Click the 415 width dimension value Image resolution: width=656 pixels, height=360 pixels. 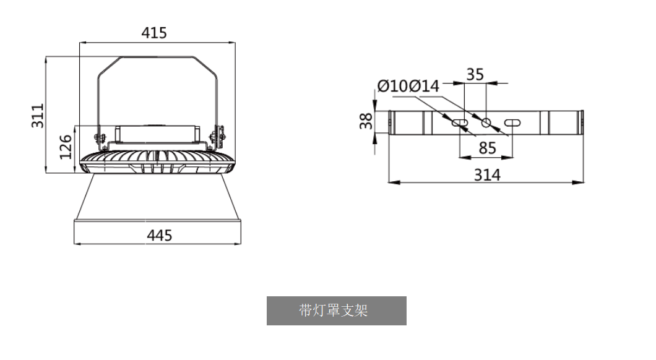(154, 33)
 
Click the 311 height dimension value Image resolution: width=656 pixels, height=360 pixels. (38, 116)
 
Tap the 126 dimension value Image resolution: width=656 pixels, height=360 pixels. (66, 148)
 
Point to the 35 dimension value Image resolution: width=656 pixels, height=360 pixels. (475, 75)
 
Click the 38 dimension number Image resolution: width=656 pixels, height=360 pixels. (366, 121)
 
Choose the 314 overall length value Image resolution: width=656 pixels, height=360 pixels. (487, 175)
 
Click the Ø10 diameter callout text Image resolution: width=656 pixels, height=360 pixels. (392, 87)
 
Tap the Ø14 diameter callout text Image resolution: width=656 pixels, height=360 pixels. (424, 87)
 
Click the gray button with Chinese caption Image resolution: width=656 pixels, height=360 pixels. (336, 311)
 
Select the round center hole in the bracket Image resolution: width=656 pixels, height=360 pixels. (486, 122)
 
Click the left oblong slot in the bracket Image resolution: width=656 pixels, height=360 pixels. (460, 122)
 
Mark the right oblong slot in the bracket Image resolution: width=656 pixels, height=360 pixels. (513, 122)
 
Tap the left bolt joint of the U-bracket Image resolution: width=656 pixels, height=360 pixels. (98, 137)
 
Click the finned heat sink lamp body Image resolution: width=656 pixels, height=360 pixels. (158, 162)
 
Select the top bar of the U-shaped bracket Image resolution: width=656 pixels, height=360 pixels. (158, 57)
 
